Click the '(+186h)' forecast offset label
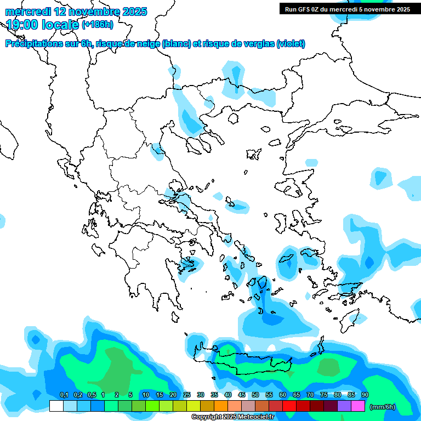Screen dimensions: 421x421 98,24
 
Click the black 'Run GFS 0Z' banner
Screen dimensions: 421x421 347,9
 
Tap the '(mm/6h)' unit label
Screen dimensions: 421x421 383,407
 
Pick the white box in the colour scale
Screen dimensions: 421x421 56,406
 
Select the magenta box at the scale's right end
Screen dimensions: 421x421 358,406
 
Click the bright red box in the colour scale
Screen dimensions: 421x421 289,406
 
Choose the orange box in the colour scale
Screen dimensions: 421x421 221,406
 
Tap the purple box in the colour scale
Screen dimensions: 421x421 344,406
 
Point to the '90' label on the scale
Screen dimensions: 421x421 365,395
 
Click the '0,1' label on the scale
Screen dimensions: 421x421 64,395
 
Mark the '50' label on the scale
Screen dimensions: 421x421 255,395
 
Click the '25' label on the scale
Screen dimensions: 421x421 187,395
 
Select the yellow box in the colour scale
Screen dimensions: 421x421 194,406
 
